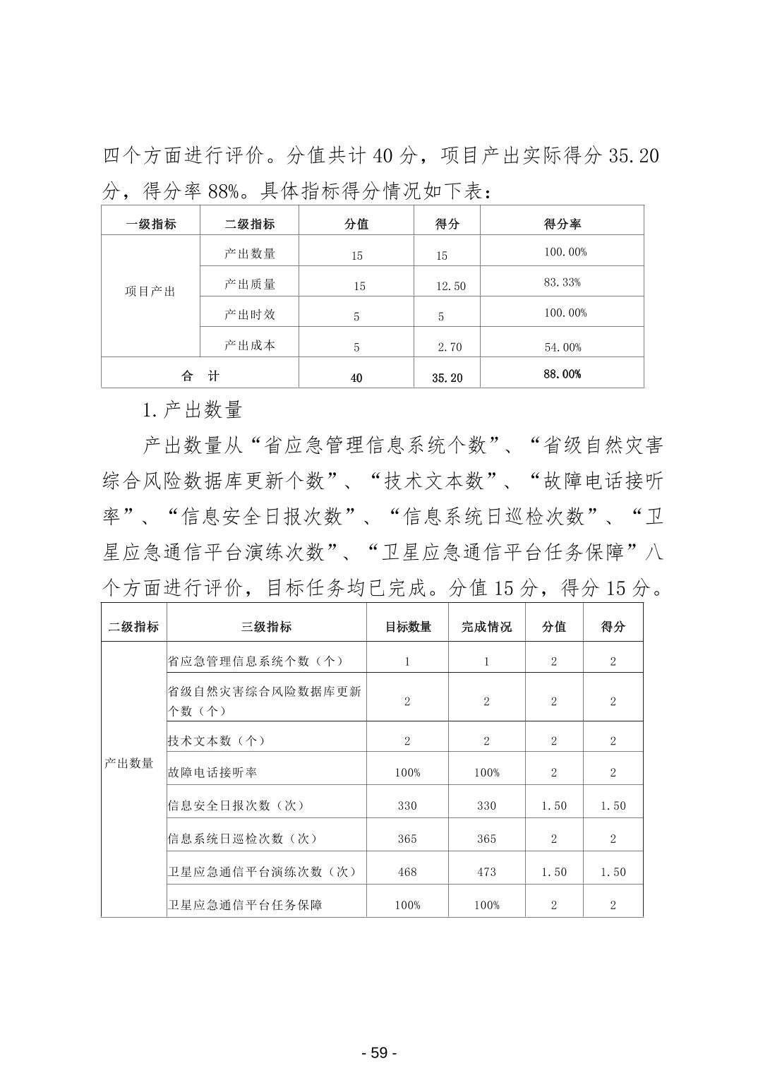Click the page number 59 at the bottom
coord(379,1053)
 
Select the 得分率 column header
coord(562,224)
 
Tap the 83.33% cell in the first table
coord(562,282)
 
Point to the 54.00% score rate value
coord(562,347)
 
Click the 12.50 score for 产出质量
coord(450,286)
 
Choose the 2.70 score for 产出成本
coord(450,347)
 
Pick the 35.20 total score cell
coord(447,378)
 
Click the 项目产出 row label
coord(150,292)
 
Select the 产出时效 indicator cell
coord(249,315)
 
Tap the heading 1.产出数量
coord(192,409)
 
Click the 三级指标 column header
coord(266,626)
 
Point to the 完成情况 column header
coord(486,626)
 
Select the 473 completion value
coord(486,872)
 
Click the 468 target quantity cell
coord(407,872)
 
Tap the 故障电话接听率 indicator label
coord(212,772)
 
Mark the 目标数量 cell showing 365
coord(407,839)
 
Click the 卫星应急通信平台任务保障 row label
coord(245,905)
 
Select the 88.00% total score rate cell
coord(562,374)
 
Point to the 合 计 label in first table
coord(200,376)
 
